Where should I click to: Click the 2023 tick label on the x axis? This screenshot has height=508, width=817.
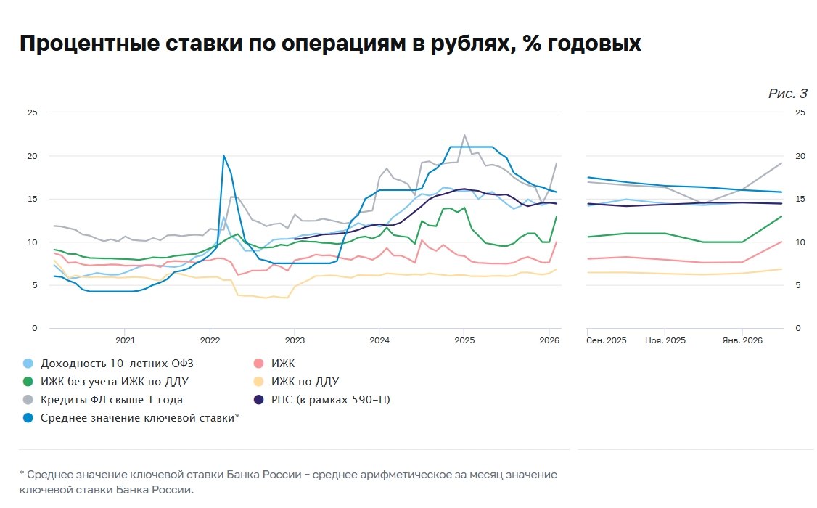pyautogui.click(x=295, y=340)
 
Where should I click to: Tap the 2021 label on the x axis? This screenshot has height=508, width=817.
pyautogui.click(x=125, y=340)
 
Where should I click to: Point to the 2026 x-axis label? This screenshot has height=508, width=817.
pyautogui.click(x=549, y=340)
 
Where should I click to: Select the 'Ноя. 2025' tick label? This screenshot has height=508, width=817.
pyautogui.click(x=665, y=340)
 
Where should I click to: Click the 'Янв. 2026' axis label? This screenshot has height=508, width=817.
pyautogui.click(x=742, y=340)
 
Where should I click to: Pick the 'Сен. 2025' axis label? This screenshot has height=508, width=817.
pyautogui.click(x=606, y=340)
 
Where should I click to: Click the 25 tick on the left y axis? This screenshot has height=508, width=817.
pyautogui.click(x=32, y=112)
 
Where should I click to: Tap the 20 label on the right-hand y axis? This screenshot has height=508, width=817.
pyautogui.click(x=800, y=155)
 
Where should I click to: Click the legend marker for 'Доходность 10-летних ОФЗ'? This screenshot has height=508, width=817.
pyautogui.click(x=28, y=364)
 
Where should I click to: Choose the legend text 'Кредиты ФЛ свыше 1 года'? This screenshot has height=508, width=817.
pyautogui.click(x=112, y=400)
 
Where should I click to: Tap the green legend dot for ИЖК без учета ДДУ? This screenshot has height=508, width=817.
pyautogui.click(x=28, y=382)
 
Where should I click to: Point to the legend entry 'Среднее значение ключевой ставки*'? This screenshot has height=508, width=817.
pyautogui.click(x=140, y=418)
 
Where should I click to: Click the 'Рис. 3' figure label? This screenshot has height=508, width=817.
pyautogui.click(x=787, y=94)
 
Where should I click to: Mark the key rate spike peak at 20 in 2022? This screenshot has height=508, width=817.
pyautogui.click(x=224, y=155)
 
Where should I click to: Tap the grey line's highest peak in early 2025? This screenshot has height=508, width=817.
pyautogui.click(x=464, y=135)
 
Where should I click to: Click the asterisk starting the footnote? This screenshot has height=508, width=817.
pyautogui.click(x=22, y=474)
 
